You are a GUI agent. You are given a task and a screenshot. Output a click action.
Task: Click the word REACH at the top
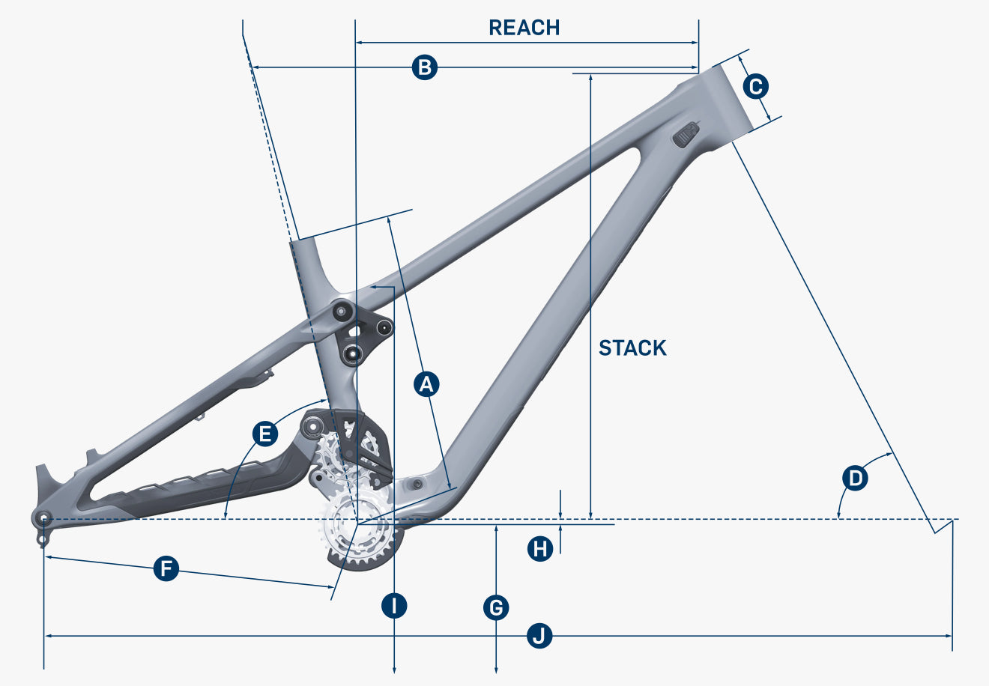click(x=524, y=28)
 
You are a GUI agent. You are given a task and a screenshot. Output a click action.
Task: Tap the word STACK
click(x=632, y=348)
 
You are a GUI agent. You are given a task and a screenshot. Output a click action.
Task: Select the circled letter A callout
click(x=426, y=384)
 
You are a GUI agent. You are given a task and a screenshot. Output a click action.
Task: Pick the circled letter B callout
click(x=425, y=67)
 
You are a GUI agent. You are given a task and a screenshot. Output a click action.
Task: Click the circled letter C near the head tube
click(x=755, y=87)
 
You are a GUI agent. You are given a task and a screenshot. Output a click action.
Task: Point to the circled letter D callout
click(x=855, y=478)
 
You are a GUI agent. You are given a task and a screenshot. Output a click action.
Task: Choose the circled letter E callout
click(x=265, y=434)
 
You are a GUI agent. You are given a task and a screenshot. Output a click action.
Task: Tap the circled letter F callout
click(x=166, y=568)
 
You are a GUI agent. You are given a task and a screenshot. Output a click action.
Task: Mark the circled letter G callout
click(x=496, y=608)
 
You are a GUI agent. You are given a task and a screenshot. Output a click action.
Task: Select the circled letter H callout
click(x=540, y=549)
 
